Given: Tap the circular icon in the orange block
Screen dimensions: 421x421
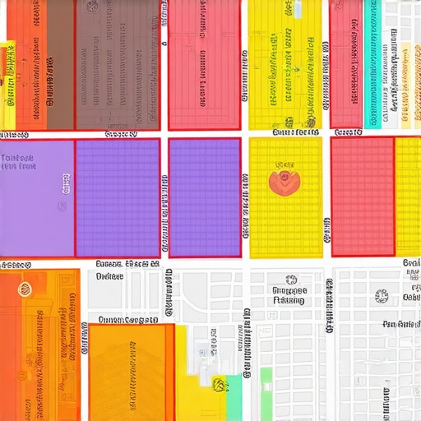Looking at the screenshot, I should tap(22, 289).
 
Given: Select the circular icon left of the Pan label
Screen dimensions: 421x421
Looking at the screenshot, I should tap(381, 296).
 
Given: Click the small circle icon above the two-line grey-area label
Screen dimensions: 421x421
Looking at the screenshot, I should tap(290, 280).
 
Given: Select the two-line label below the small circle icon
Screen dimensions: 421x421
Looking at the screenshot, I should tap(289, 296).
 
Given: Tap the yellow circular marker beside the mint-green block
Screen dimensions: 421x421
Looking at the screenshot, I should tap(220, 383).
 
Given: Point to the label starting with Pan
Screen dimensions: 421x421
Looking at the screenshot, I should tap(401, 324).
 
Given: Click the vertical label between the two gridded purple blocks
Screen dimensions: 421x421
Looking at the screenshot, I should tap(164, 213).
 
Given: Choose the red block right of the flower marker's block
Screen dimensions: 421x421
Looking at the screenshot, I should tap(363, 197).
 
